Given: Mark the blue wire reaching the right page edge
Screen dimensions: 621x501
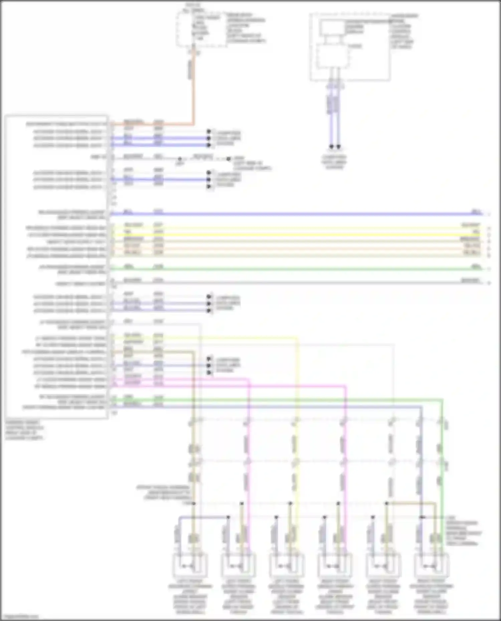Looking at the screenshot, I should click(x=301, y=214).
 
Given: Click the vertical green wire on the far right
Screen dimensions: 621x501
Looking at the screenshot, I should click(x=442, y=467).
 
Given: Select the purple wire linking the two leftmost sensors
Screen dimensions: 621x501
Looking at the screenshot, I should click(x=204, y=517).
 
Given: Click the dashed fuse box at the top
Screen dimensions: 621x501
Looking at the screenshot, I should click(x=201, y=28).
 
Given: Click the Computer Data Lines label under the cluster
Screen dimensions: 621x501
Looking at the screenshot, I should click(x=334, y=162).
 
